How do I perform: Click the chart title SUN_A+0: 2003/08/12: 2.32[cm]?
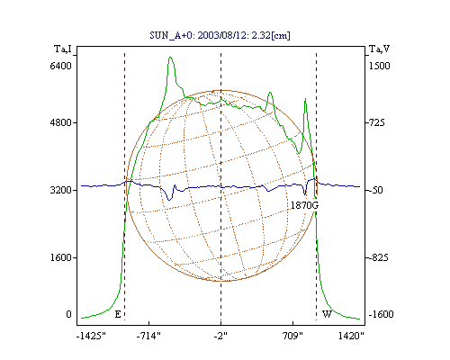click(x=220, y=35)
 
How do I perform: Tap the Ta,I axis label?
click(x=63, y=49)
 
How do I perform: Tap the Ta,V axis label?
click(x=379, y=49)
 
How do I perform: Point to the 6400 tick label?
click(x=61, y=66)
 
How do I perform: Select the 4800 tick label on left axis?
click(x=61, y=122)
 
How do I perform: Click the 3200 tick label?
click(x=61, y=190)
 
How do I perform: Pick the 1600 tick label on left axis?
click(x=61, y=257)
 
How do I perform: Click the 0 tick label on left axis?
click(x=68, y=314)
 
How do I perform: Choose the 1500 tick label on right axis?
click(x=379, y=66)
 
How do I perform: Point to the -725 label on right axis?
click(x=376, y=122)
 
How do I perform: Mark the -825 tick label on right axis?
click(x=378, y=257)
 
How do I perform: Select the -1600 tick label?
click(x=381, y=314)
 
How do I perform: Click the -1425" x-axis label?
click(x=91, y=336)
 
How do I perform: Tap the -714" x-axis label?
click(x=148, y=336)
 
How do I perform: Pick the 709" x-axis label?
click(x=292, y=336)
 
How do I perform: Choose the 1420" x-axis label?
click(x=351, y=336)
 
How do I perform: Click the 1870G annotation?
click(x=304, y=205)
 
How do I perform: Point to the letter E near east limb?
click(x=118, y=314)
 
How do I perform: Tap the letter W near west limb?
click(x=327, y=314)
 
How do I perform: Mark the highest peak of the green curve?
click(x=170, y=57)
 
